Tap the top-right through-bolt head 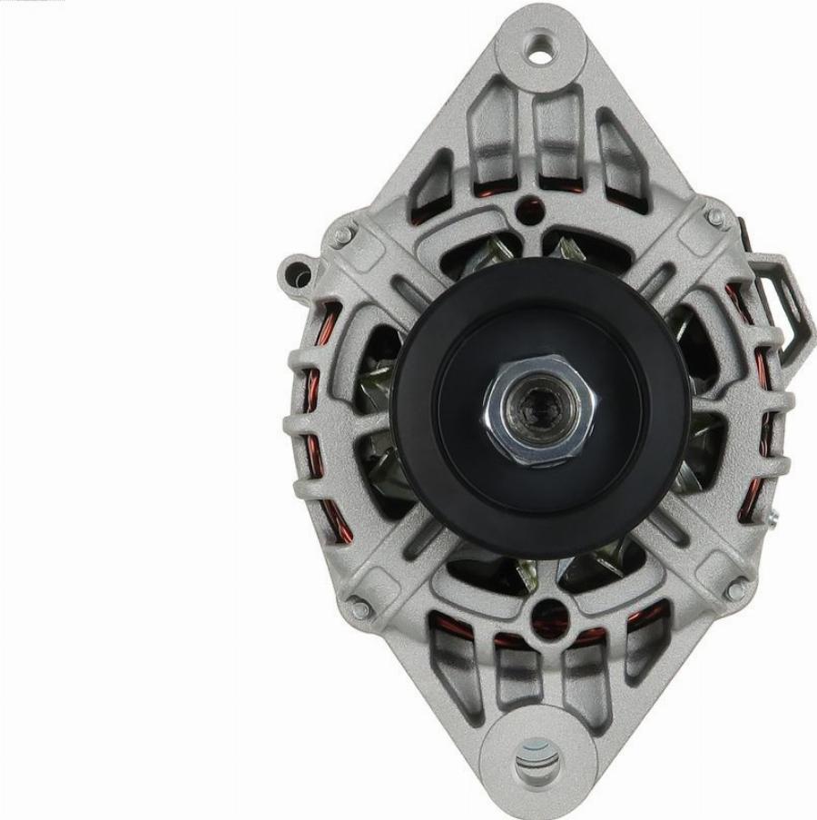[716, 217]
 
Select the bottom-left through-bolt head [360, 608]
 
